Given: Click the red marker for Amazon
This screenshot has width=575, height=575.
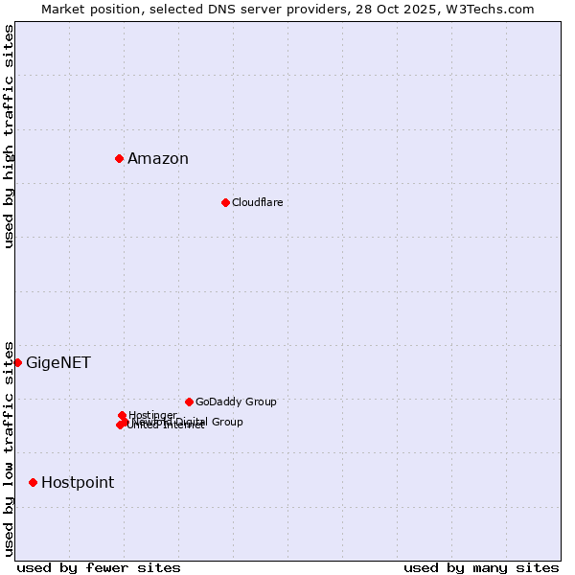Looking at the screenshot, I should (x=119, y=158).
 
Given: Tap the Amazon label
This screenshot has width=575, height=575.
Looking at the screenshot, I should (x=158, y=159).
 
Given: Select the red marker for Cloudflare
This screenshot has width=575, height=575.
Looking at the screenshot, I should (x=225, y=202).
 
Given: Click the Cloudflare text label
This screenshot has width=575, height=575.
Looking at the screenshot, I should (x=257, y=202).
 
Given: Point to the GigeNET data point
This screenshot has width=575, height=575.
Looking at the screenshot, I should (x=17, y=362).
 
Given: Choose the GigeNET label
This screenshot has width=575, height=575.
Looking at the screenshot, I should (x=58, y=363).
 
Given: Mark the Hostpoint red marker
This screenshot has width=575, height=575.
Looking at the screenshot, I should (x=33, y=482).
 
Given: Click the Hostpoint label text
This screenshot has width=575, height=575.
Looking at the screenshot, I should (x=78, y=483).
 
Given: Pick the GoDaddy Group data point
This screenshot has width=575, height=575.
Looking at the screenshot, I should (x=189, y=402).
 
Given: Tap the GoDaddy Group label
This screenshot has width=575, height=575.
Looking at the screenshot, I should (x=236, y=402).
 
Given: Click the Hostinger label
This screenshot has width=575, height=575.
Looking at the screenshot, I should (x=152, y=415).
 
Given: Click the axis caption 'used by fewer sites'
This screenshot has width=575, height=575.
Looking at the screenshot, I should (x=99, y=567).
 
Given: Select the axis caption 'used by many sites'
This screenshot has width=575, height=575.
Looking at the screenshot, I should (x=481, y=567).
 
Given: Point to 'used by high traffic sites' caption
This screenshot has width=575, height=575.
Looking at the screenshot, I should (x=10, y=137).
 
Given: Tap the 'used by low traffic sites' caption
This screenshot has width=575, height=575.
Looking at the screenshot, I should (x=10, y=448).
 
